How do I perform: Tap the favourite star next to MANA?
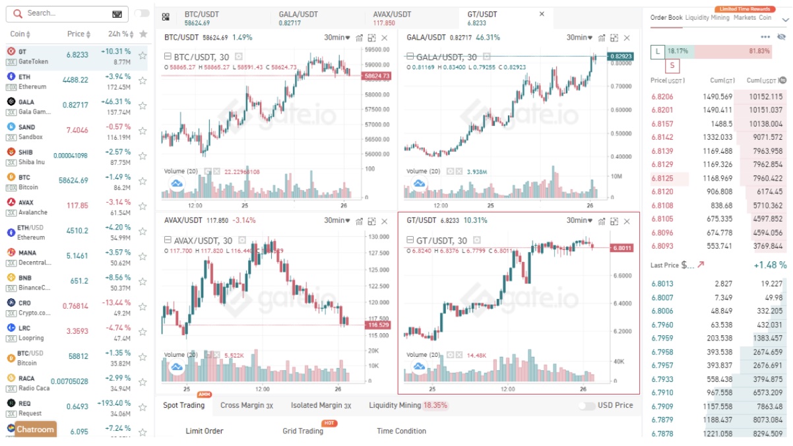pyautogui.click(x=143, y=257)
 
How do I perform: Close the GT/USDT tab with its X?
pyautogui.click(x=542, y=14)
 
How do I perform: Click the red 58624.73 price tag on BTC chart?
pyautogui.click(x=377, y=77)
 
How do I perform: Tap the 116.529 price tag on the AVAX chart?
pyautogui.click(x=378, y=325)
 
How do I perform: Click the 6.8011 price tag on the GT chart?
pyautogui.click(x=621, y=248)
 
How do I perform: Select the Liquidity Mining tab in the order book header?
pyautogui.click(x=707, y=18)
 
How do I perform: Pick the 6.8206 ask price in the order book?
pyautogui.click(x=662, y=96)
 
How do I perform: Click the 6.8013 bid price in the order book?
pyautogui.click(x=662, y=284)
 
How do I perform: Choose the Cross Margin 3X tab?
pyautogui.click(x=246, y=405)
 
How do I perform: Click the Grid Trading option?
pyautogui.click(x=303, y=431)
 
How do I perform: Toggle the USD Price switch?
pyautogui.click(x=587, y=406)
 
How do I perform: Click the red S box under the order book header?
pyautogui.click(x=672, y=65)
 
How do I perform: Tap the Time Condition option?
pyautogui.click(x=401, y=431)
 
